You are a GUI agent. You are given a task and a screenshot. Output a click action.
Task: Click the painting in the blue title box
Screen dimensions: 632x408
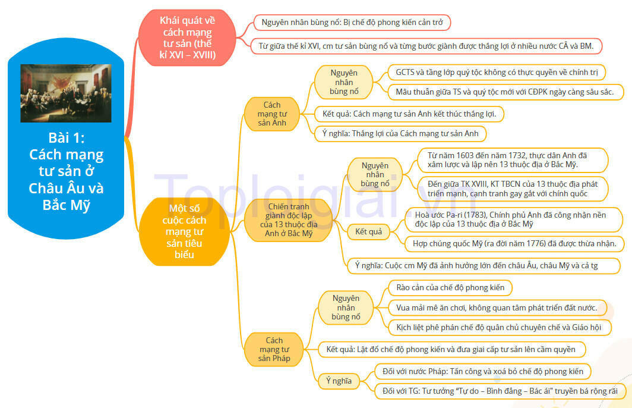tap(66, 93)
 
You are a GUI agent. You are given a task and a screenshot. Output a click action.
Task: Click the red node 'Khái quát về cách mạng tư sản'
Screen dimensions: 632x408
tap(187, 37)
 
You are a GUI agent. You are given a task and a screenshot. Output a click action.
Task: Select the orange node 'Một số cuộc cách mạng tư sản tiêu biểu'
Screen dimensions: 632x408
tap(184, 231)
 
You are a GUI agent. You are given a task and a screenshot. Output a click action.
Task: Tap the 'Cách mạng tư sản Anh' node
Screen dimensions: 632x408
tap(272, 114)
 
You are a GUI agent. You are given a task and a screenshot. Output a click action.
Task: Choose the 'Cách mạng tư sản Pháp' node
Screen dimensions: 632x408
tap(274, 349)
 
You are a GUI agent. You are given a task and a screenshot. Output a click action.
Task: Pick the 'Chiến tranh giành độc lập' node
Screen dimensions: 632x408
tap(289, 220)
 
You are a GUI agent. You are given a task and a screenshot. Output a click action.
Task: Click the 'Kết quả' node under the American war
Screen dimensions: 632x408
tap(368, 231)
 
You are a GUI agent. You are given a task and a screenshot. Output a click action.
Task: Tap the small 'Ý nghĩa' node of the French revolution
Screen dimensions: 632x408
tap(339, 381)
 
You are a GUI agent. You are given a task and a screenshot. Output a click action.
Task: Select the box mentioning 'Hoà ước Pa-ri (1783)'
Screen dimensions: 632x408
tap(514, 219)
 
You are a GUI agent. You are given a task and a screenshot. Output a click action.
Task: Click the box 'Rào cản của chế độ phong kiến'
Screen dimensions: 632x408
tap(450, 288)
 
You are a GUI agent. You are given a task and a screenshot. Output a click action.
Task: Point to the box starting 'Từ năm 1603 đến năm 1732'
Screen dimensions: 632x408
tap(512, 160)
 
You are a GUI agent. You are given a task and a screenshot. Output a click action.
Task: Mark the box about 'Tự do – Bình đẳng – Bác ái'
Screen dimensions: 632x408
tap(500, 391)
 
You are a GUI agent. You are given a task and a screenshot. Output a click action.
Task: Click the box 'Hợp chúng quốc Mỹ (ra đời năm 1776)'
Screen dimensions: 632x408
tap(514, 243)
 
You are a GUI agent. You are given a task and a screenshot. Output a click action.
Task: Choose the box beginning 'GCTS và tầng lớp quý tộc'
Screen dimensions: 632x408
tap(497, 72)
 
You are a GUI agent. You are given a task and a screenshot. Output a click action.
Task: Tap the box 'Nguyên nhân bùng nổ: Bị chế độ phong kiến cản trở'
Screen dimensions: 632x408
tap(352, 22)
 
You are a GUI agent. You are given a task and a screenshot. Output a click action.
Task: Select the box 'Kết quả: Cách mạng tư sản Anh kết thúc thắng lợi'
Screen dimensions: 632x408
tap(409, 114)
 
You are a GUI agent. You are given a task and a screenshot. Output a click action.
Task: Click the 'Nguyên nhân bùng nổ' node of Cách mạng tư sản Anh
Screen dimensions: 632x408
tap(343, 82)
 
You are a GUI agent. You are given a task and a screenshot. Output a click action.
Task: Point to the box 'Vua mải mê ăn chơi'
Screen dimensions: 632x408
tap(497, 307)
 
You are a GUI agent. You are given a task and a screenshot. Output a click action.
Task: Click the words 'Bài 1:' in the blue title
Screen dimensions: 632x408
tap(66, 138)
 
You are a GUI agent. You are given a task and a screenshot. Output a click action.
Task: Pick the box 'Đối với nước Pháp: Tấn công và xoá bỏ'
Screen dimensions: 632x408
tap(482, 371)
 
